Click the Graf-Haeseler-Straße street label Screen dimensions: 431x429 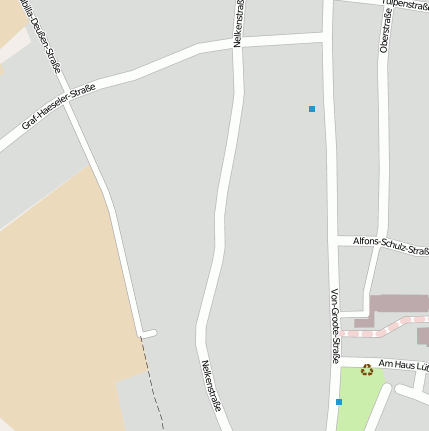coord(58,108)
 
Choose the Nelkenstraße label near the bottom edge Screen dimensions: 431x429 coord(211,393)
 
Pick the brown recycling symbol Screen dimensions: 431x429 coord(367,370)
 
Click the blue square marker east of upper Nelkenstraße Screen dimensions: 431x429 coord(312,108)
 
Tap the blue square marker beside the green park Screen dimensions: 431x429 coord(339,401)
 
